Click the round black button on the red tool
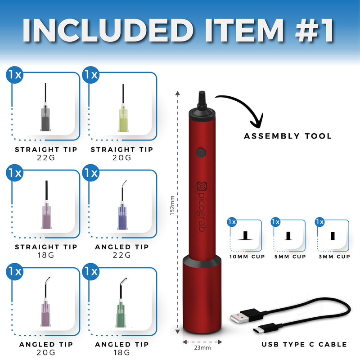[x=201, y=153]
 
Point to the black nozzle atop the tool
[x=202, y=100]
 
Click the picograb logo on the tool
[x=202, y=207]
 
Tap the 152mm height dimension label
[x=172, y=206]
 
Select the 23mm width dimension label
[x=202, y=348]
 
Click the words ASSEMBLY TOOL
[x=288, y=136]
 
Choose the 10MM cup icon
[x=245, y=236]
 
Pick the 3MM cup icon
[x=333, y=236]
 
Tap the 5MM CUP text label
[x=290, y=256]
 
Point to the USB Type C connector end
[x=265, y=328]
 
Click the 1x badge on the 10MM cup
[x=232, y=222]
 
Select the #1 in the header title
[x=314, y=31]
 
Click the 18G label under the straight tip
[x=46, y=255]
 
